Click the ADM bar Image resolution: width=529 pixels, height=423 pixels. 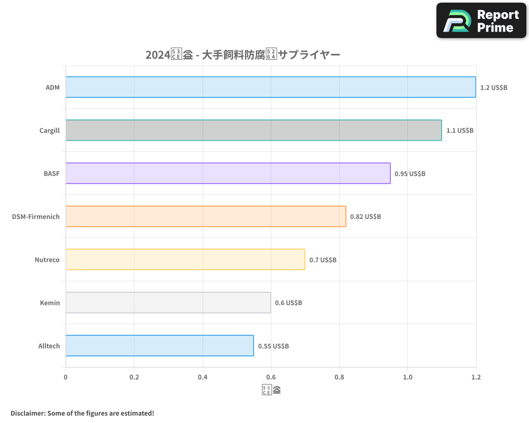(x=270, y=87)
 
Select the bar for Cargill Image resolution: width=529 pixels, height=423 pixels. (x=253, y=130)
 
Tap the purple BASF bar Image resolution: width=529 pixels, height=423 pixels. (x=228, y=173)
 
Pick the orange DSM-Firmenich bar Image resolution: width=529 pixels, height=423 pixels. (x=206, y=216)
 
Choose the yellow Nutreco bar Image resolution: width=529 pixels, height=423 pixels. (x=185, y=259)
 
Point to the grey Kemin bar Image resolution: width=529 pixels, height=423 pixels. (x=168, y=302)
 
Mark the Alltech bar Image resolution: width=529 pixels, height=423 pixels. (x=160, y=346)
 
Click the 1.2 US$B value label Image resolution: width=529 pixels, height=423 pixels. (x=494, y=87)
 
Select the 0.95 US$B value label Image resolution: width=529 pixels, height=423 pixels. (x=410, y=173)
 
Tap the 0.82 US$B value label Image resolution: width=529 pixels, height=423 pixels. (x=366, y=216)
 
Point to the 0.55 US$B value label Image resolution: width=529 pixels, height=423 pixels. (x=273, y=346)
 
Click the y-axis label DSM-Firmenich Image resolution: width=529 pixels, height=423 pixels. (x=36, y=216)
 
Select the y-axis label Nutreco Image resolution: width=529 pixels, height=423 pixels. (x=47, y=260)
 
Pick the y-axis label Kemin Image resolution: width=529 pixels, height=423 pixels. (x=50, y=302)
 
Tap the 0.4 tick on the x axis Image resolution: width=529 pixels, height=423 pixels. (x=203, y=378)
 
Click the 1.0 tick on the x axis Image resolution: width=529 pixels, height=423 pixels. (x=408, y=378)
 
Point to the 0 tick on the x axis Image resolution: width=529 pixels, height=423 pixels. (x=66, y=378)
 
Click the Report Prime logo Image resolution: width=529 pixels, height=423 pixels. (x=481, y=21)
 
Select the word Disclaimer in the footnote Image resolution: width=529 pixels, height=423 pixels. (x=27, y=413)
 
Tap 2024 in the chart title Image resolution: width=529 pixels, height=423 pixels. (x=157, y=54)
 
